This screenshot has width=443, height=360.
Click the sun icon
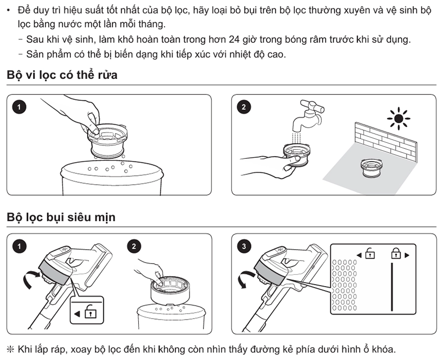point(399,118)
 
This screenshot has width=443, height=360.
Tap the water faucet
point(308,115)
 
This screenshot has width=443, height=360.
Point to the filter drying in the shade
point(372,168)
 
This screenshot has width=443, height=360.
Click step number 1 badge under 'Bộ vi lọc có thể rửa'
point(19,107)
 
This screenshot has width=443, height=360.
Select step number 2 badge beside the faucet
point(244,107)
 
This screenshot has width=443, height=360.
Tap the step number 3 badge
point(244,246)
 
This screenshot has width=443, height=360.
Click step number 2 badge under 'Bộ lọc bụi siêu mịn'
point(134,246)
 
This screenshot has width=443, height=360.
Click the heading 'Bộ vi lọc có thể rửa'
point(62,75)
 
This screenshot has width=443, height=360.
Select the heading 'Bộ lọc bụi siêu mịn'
point(61,217)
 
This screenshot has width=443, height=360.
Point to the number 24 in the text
point(234,39)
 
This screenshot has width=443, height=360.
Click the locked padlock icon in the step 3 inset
point(396,253)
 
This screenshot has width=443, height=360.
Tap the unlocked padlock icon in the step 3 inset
point(370,253)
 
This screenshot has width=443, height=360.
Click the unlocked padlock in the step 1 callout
point(90,312)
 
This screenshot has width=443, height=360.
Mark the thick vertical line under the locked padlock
point(392,287)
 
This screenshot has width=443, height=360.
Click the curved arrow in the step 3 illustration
point(245,279)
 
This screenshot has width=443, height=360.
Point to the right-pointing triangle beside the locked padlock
point(407,255)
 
